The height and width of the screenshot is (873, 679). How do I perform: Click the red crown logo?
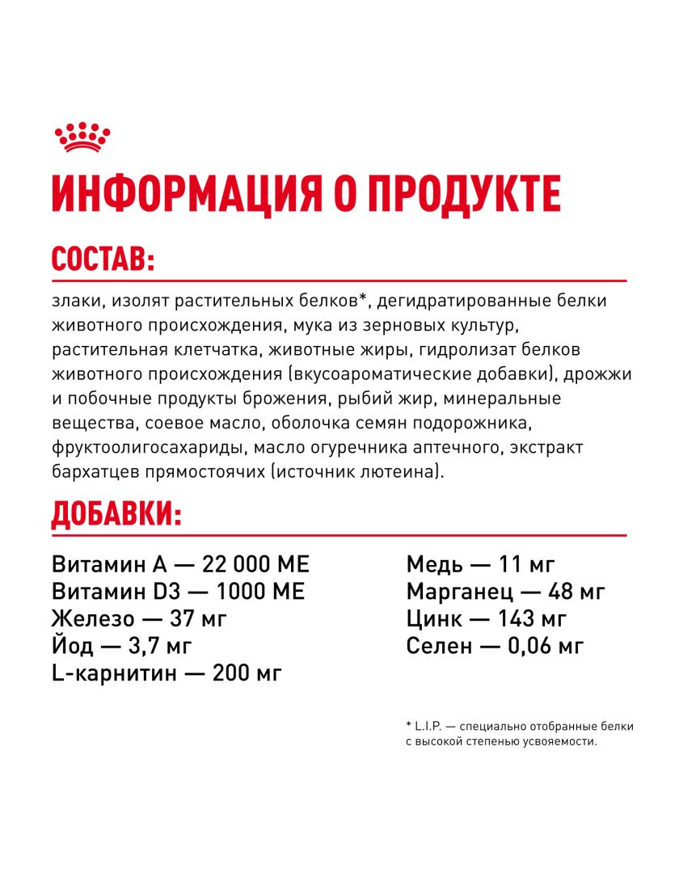(x=82, y=137)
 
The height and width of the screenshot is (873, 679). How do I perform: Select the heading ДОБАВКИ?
(x=116, y=513)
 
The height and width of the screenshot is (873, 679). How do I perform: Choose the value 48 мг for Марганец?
(x=576, y=591)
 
